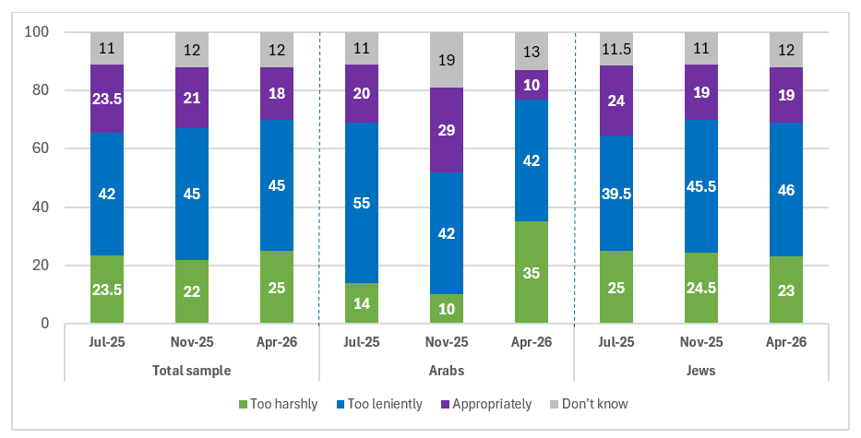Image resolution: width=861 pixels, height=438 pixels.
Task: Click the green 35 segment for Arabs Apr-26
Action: point(531,272)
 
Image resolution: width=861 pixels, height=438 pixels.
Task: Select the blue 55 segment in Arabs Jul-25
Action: point(362,203)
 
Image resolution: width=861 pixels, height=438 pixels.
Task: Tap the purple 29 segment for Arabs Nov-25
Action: point(447,130)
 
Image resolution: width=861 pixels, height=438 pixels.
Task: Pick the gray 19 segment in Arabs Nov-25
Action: point(447,60)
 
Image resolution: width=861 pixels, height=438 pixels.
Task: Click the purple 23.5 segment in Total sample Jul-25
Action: point(107,99)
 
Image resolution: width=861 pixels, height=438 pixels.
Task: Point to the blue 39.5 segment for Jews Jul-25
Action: point(616,193)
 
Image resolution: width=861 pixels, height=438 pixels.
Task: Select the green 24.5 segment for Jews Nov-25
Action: point(701,288)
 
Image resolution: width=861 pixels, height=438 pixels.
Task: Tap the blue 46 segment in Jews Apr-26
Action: point(785,189)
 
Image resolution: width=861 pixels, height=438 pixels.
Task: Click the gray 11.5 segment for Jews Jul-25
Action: point(616,49)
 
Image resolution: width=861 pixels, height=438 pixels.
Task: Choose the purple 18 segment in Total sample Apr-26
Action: point(277,93)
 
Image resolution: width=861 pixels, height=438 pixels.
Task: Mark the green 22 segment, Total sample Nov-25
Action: point(192,291)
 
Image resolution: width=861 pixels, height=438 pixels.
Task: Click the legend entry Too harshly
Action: point(278,405)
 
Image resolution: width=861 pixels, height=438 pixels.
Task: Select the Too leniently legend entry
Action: point(379,405)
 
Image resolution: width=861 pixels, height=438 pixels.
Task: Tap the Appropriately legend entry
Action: point(486,405)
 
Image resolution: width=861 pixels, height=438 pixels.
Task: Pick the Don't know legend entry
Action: point(589,405)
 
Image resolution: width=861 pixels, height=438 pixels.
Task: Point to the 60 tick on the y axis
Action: point(41,148)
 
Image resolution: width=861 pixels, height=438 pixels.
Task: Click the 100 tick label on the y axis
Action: point(37,32)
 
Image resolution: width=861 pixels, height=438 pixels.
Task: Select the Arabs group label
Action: point(447,371)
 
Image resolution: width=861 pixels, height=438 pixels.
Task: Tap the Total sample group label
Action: point(192,371)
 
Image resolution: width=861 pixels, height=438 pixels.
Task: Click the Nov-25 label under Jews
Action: point(701,342)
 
